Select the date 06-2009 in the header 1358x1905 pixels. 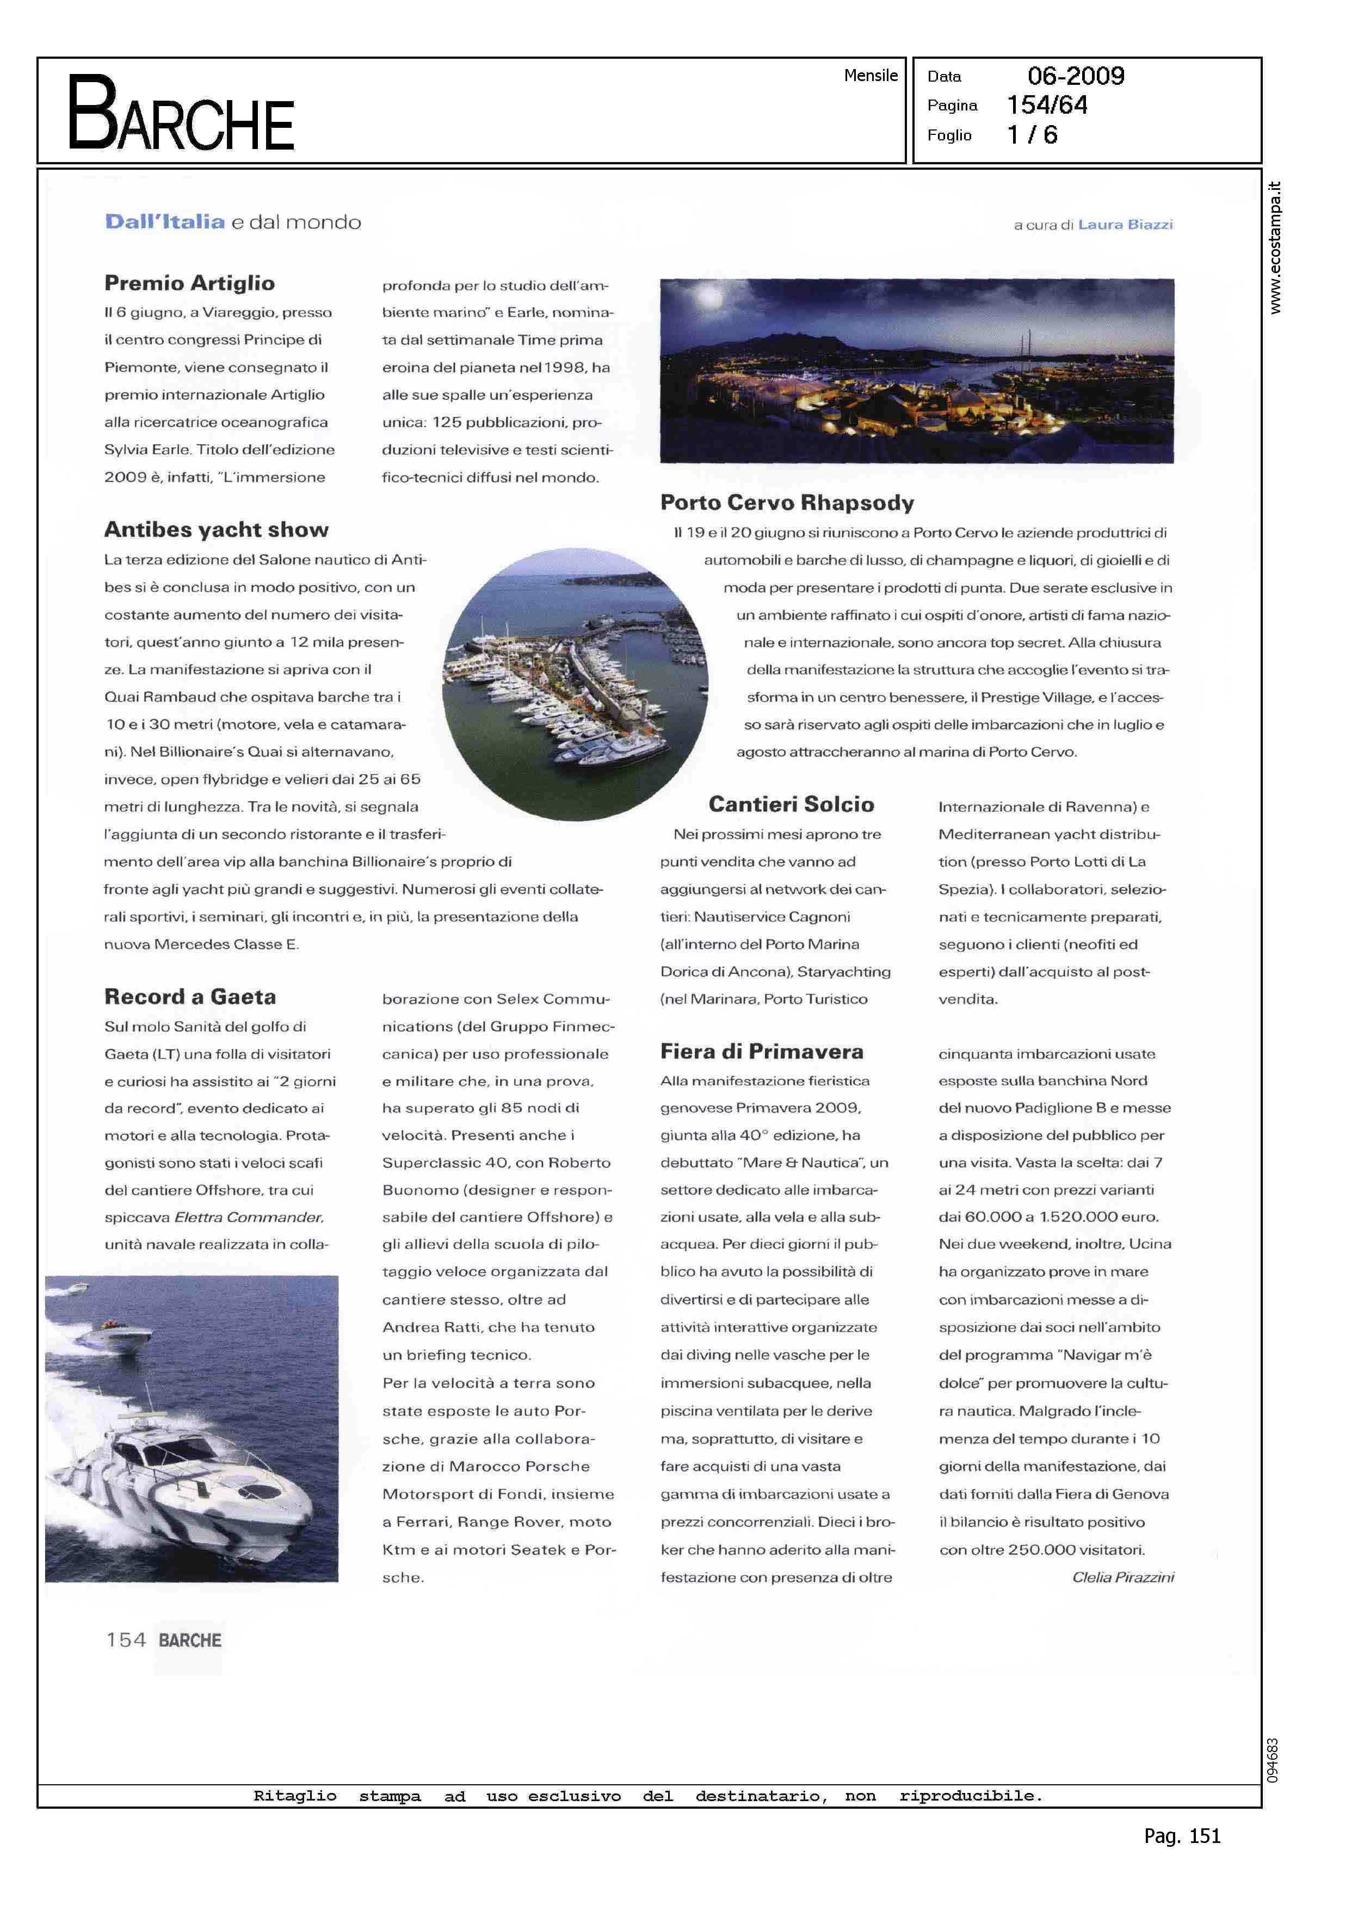[x=1076, y=76]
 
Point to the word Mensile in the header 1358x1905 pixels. [x=871, y=75]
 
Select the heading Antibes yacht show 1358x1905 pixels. [x=217, y=529]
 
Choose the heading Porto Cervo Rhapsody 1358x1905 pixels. [x=787, y=503]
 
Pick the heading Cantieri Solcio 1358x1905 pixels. [x=791, y=804]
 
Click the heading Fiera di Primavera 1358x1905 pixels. [x=762, y=1052]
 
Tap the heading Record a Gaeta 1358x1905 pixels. [x=190, y=997]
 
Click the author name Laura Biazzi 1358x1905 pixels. [x=1126, y=224]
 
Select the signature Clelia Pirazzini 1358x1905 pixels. [x=1123, y=1576]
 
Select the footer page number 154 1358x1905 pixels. [x=126, y=1640]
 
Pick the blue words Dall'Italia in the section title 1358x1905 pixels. [x=165, y=221]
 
